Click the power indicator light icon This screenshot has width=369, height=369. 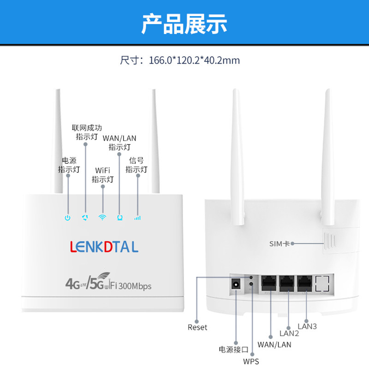point(68,218)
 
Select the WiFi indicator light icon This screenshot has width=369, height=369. point(102,217)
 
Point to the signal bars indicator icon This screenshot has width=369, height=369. point(137,218)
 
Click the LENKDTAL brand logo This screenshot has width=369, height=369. point(104,247)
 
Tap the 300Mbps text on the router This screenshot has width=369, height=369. point(135,286)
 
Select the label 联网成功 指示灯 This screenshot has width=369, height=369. point(87,132)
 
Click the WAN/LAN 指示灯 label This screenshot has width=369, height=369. point(119,142)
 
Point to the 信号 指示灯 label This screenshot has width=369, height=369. point(137,165)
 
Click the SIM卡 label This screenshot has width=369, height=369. point(279,244)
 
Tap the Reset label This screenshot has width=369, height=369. point(197,327)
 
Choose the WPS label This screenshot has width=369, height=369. point(251,361)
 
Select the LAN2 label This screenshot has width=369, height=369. point(289,333)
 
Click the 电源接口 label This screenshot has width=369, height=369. point(233,349)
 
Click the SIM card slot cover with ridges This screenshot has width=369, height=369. point(329,241)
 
